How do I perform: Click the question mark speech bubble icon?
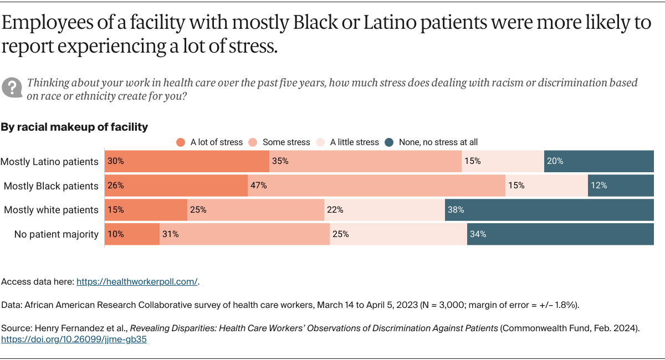pos(12,88)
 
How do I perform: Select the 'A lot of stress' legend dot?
pos(181,142)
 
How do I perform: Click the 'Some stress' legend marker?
pos(253,142)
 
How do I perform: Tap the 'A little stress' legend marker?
pos(320,142)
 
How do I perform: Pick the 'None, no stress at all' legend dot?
pos(389,142)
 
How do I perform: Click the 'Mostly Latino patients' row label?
pos(49,162)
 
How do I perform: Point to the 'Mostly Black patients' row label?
pos(51,186)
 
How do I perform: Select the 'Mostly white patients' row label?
pos(51,210)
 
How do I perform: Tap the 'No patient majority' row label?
pos(56,234)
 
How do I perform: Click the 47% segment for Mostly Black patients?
pos(376,186)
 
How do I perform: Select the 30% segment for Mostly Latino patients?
pos(187,162)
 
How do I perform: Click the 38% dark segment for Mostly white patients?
pos(549,210)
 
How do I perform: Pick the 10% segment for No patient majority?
pos(132,234)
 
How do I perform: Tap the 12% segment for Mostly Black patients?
pos(621,186)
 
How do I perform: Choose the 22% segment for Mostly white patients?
pos(385,210)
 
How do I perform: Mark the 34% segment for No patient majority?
pos(560,234)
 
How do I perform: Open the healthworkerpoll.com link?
pos(137,281)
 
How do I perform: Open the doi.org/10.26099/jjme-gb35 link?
pos(74,340)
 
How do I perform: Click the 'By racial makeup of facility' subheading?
pos(74,127)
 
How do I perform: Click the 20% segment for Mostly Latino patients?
pos(599,162)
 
